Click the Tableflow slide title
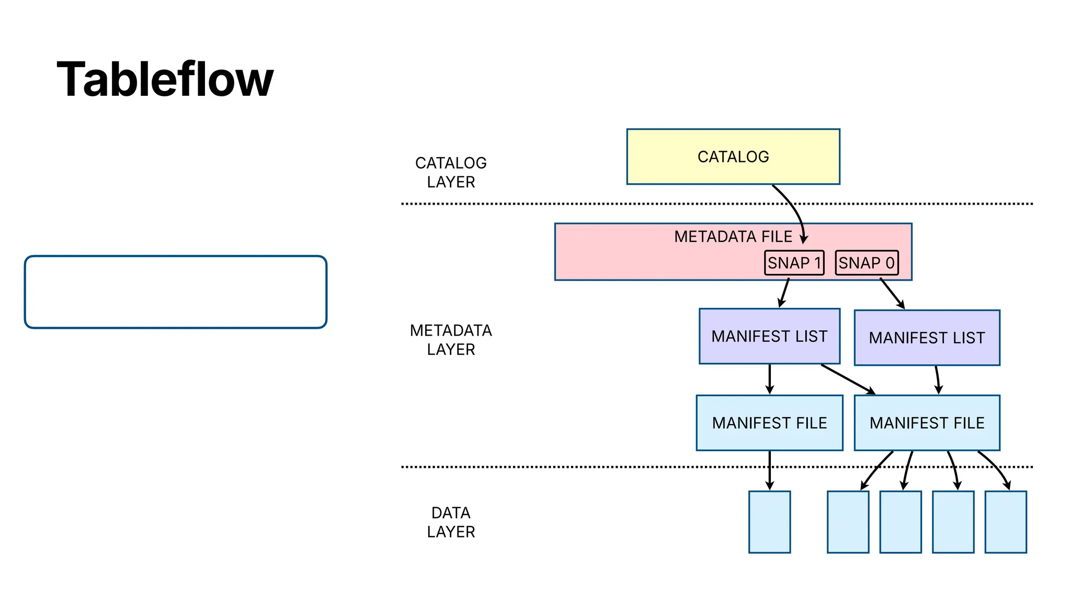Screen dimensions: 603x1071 point(165,80)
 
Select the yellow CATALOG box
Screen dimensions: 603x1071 point(733,157)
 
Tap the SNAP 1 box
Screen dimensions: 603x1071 point(794,263)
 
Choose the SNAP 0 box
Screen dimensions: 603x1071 point(867,263)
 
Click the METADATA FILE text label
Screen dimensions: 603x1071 point(733,237)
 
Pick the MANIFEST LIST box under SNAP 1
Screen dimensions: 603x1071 point(769,336)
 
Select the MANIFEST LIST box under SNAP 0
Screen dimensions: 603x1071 point(927,338)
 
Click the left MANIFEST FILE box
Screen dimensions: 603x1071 point(769,423)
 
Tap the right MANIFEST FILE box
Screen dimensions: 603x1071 point(927,423)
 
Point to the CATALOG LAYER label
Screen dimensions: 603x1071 point(451,172)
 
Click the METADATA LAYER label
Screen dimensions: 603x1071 point(451,340)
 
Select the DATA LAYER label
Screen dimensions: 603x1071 point(451,522)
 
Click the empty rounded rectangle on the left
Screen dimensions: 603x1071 point(176,292)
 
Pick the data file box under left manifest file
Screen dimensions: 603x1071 point(769,522)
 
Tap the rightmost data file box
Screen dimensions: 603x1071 point(1005,522)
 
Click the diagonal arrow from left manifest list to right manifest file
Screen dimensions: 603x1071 point(847,379)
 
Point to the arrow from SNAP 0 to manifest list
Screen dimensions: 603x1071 point(892,293)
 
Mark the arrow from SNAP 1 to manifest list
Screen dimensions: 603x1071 point(784,293)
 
